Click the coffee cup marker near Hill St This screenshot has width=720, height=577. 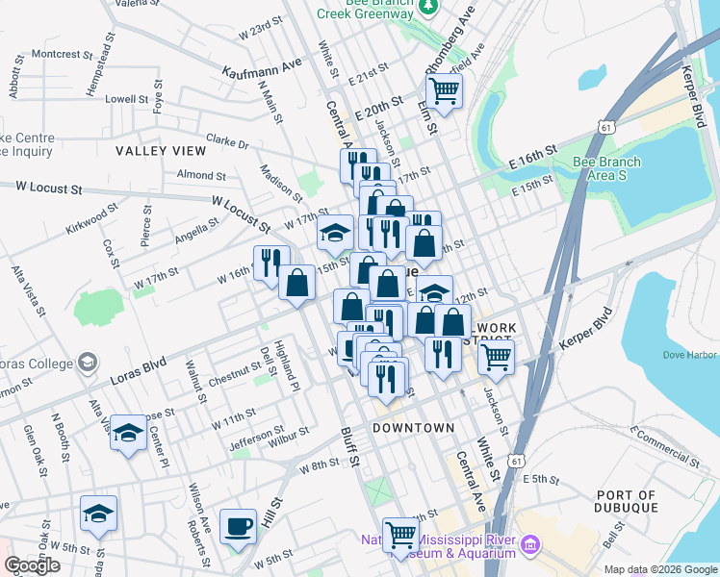coord(238,527)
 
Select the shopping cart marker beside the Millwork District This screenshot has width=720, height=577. coord(496,357)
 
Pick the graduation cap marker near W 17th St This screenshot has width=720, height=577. coord(335,233)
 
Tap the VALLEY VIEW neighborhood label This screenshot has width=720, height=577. coord(161,151)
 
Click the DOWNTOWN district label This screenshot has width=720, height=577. coord(413,427)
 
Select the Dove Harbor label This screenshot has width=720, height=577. coord(690,355)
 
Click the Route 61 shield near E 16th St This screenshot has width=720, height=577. coord(604,126)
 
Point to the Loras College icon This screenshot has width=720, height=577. coord(88,363)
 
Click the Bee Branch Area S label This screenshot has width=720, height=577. coord(602,169)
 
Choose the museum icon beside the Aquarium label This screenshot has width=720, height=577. coord(529,546)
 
